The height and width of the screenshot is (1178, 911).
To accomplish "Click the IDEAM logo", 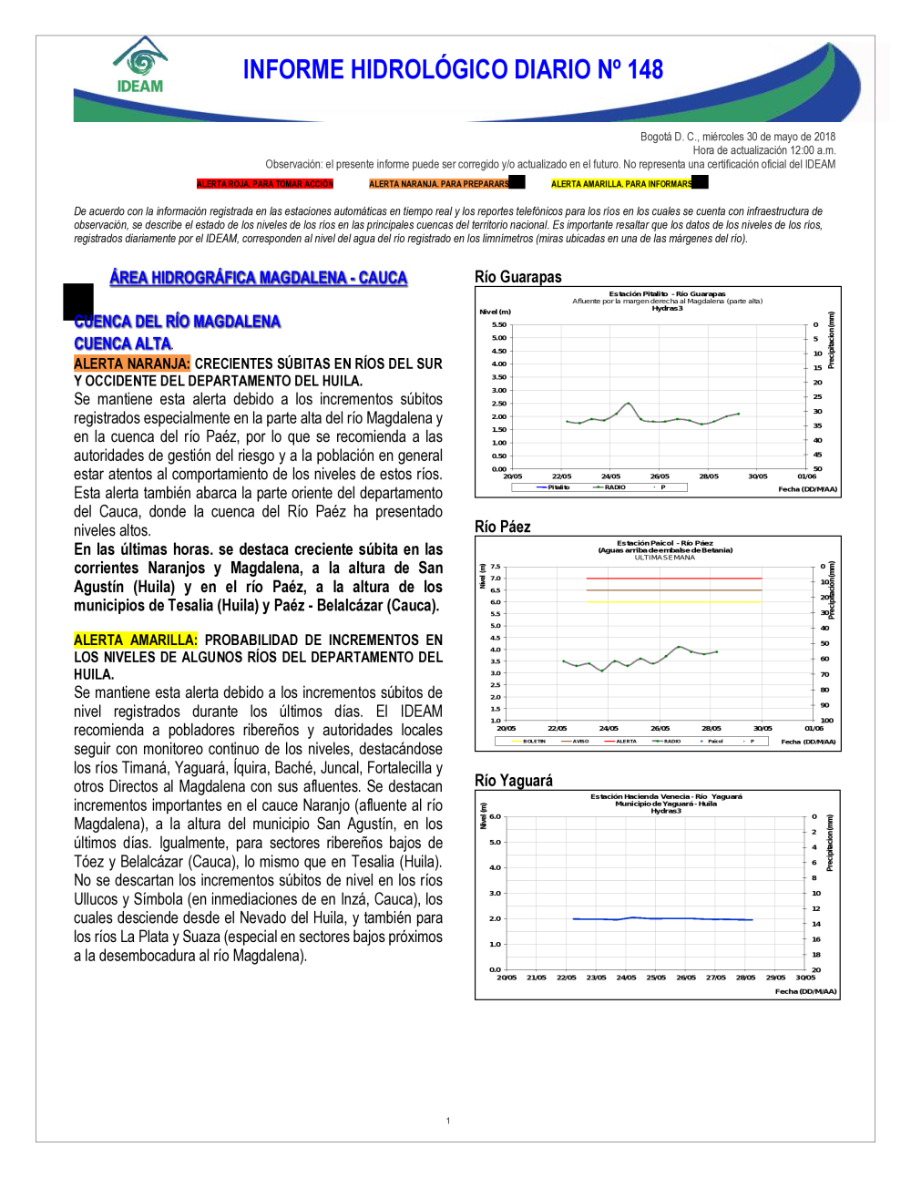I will [x=139, y=67].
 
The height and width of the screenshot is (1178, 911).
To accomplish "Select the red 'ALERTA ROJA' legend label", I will [x=265, y=184].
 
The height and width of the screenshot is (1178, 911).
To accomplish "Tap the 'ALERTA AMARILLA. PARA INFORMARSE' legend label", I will [x=622, y=184].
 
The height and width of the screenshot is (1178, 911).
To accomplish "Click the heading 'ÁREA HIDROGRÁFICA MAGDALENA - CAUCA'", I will [x=258, y=278].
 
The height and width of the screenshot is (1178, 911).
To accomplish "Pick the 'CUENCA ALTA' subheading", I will [x=123, y=343].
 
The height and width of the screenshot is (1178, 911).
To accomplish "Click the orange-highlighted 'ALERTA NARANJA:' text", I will [x=132, y=364].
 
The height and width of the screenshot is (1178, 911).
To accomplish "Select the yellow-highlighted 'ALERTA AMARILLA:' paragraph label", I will [x=136, y=640].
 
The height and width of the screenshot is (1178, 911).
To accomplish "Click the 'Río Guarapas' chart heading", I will [x=517, y=277].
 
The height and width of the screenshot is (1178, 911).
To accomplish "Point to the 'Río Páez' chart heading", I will [x=502, y=527].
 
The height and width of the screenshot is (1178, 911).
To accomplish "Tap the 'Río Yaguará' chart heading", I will [x=513, y=781].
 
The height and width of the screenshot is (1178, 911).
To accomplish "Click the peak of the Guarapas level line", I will [x=628, y=403].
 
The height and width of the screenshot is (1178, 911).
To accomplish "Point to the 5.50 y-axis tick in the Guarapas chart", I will [x=499, y=325].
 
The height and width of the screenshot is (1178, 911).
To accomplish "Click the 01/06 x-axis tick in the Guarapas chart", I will [x=806, y=476].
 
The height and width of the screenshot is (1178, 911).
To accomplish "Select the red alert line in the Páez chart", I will [x=674, y=579].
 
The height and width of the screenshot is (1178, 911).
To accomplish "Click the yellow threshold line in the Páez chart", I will [x=674, y=601].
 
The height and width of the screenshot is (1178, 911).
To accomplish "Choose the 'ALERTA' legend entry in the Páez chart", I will [x=625, y=742].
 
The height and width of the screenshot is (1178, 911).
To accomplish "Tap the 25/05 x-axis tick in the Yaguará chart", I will [x=656, y=978].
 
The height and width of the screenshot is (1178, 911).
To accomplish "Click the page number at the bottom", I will [x=448, y=1121].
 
